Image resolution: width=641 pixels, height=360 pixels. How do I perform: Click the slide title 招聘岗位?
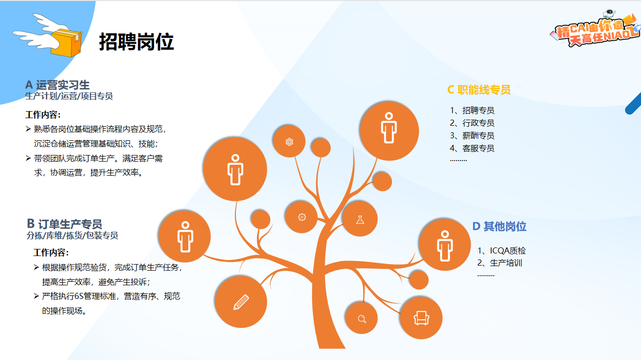tap(136, 42)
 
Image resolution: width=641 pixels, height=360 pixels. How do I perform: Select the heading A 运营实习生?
tap(57, 85)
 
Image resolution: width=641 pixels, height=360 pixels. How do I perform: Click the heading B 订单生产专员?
tap(64, 224)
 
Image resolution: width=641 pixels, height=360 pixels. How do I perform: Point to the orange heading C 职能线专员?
tap(479, 90)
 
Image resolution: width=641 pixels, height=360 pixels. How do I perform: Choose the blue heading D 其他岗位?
tap(500, 226)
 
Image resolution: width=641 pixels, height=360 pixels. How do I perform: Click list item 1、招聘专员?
tap(472, 110)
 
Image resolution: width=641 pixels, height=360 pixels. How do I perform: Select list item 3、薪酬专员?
tap(472, 135)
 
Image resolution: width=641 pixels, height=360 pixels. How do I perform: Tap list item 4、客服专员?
tap(472, 148)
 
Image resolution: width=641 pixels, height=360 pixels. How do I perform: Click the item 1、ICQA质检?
tap(502, 250)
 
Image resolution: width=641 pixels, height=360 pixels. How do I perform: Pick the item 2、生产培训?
tap(500, 263)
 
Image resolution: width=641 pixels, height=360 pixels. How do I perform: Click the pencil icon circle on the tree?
tap(241, 302)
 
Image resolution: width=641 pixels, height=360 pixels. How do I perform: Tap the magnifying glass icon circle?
tap(362, 318)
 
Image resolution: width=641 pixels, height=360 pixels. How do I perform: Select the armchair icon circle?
tap(421, 318)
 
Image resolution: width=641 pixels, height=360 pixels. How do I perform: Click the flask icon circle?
tap(360, 219)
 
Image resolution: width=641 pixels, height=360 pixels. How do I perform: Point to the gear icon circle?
tap(302, 217)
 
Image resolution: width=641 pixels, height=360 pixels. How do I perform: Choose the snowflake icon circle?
tap(289, 141)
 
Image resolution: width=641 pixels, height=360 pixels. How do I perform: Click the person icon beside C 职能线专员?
tap(389, 131)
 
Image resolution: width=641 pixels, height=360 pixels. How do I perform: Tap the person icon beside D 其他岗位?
tap(445, 245)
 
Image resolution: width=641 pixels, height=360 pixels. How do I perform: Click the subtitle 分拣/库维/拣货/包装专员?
tap(72, 235)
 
